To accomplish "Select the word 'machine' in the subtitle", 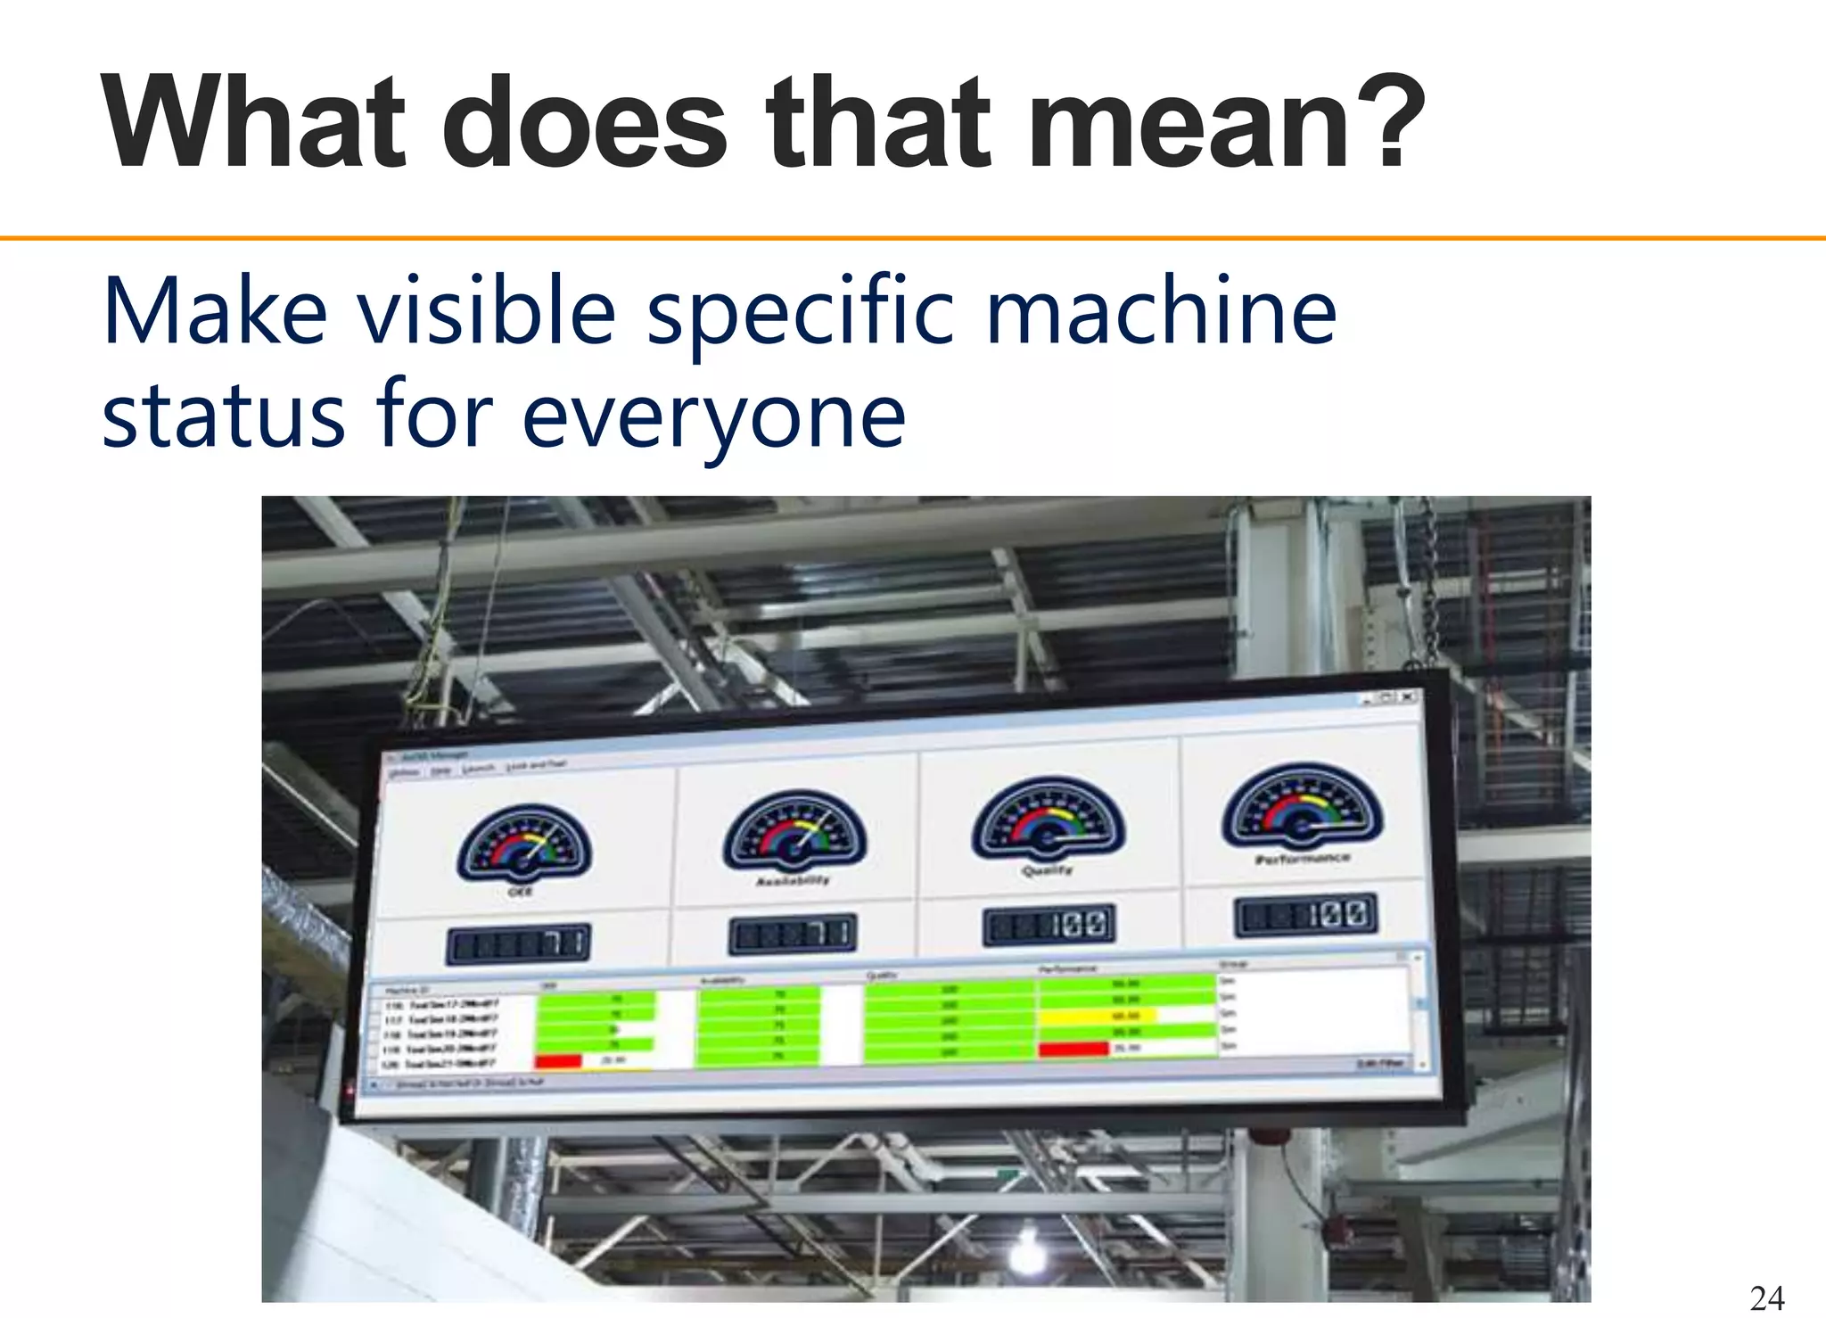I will [1161, 311].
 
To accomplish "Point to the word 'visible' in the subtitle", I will [487, 311].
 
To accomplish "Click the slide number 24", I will [1767, 1297].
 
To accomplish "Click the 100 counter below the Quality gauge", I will [1049, 927].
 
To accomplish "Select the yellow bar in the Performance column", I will [1097, 1016].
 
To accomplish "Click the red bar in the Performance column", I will [1073, 1049].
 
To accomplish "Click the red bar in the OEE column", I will [558, 1060].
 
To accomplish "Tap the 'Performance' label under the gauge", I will [1303, 859].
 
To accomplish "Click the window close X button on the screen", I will [1406, 696].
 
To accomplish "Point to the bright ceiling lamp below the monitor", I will [1028, 1242].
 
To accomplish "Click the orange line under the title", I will [913, 238].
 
